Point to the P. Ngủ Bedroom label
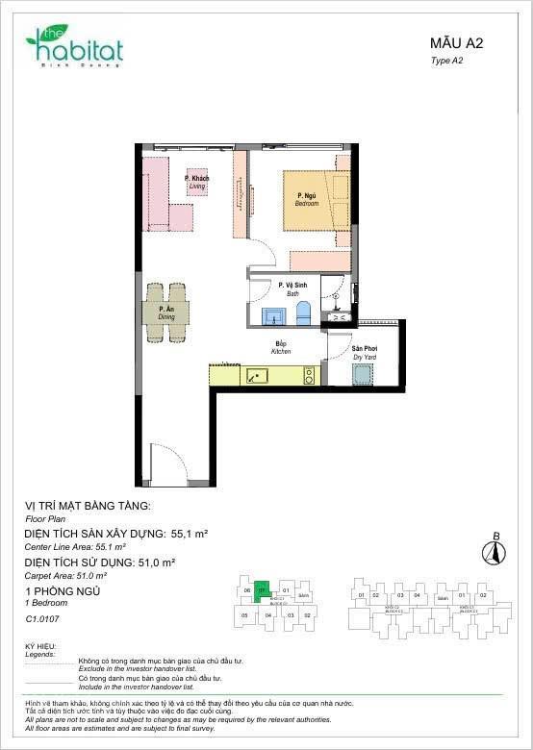click(x=307, y=199)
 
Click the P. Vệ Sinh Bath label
click(x=292, y=288)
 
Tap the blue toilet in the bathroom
click(x=304, y=312)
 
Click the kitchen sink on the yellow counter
click(x=257, y=376)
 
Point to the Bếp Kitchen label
click(x=281, y=347)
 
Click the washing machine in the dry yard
click(x=363, y=375)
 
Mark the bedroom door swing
click(x=261, y=255)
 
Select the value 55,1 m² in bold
click(x=190, y=532)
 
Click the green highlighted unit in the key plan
click(x=262, y=590)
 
